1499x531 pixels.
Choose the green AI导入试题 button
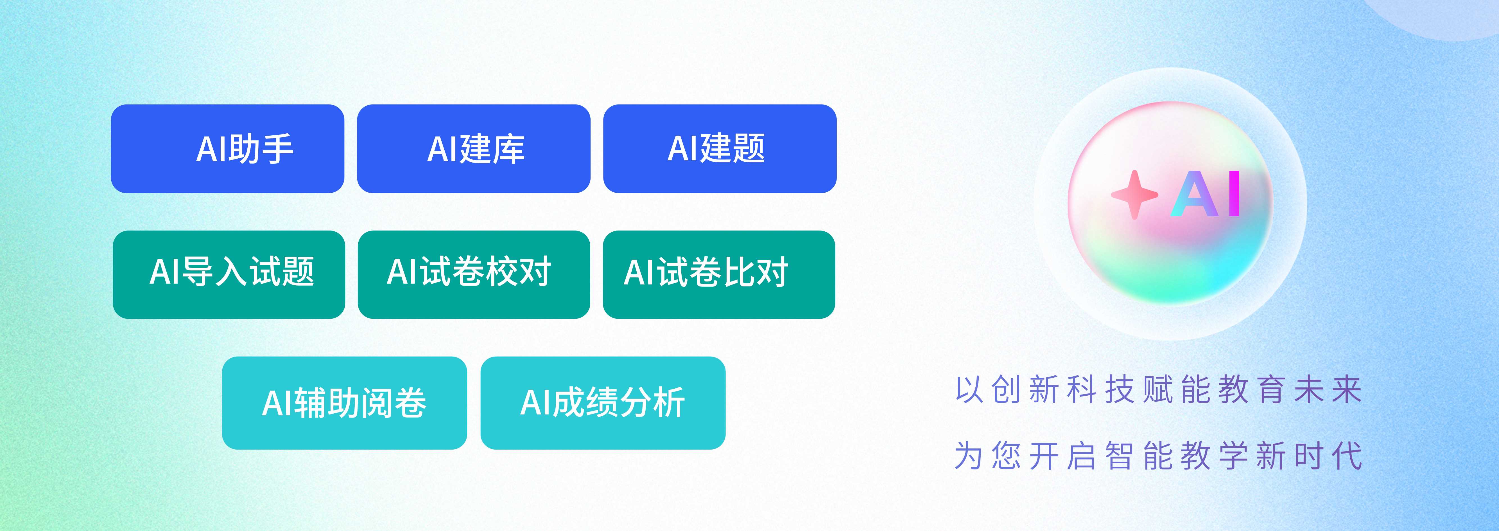229,275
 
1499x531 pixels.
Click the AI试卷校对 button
474,275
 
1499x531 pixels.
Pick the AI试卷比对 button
719,275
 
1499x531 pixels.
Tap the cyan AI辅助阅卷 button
345,403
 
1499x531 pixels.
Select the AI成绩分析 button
603,403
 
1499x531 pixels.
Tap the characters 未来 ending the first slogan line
1328,390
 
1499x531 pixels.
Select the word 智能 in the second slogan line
1138,455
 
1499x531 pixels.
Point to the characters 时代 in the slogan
1328,455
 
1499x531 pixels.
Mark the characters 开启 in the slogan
1062,455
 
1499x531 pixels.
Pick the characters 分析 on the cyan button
652,402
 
